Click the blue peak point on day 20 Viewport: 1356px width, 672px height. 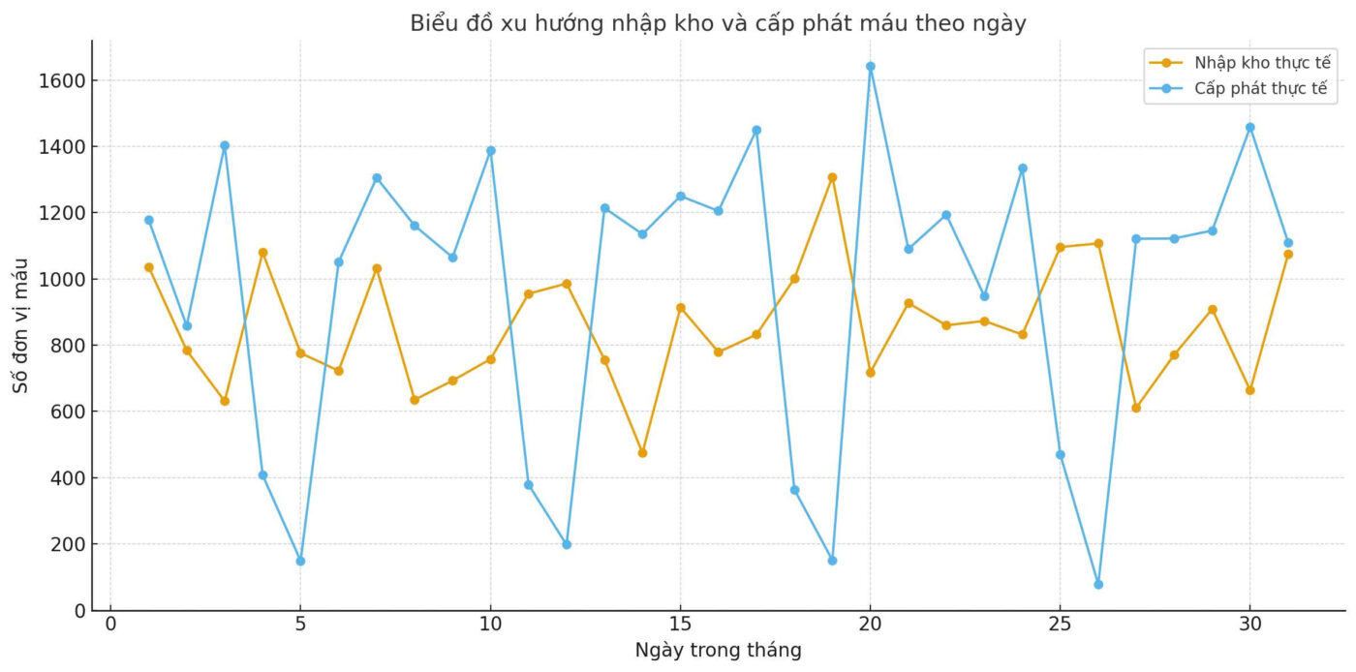coord(870,67)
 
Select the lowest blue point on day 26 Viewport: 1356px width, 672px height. coord(1098,584)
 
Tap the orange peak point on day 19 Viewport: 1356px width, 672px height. coord(832,177)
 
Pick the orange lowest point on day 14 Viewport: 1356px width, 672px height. coord(642,452)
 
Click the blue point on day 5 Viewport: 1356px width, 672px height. coord(300,561)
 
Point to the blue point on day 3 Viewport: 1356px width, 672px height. coord(225,146)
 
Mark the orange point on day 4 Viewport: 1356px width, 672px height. coord(262,253)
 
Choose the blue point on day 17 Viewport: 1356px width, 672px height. coord(756,130)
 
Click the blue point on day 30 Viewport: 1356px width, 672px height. coord(1249,127)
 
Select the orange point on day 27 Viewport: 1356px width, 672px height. coord(1136,408)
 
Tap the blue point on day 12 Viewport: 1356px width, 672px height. coord(567,544)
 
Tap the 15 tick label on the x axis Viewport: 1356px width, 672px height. coord(680,624)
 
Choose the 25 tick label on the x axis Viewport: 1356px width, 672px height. coord(1060,624)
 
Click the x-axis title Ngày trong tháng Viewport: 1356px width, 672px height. coord(718,651)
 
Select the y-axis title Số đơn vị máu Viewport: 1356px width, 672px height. coord(20,325)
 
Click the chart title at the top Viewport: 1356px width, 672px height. coord(718,23)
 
